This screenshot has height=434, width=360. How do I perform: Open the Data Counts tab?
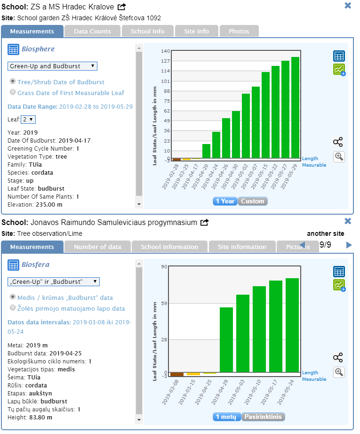click(x=92, y=31)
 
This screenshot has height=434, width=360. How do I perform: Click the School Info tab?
click(x=147, y=31)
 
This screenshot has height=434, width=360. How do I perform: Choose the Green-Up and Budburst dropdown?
click(x=52, y=66)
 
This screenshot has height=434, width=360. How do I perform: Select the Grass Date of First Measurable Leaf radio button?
click(x=13, y=93)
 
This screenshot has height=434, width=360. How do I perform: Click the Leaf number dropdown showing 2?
click(x=28, y=120)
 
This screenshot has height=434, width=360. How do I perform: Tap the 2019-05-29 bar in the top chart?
click(x=295, y=108)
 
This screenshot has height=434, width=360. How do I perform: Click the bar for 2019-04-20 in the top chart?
click(x=206, y=151)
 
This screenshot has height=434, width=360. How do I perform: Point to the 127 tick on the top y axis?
click(x=165, y=61)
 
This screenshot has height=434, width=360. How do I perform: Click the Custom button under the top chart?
click(x=253, y=201)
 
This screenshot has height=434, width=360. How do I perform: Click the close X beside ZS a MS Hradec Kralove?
click(x=348, y=6)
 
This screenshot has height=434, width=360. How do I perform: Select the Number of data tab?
click(x=97, y=247)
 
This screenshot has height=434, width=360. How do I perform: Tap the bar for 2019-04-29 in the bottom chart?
click(x=226, y=340)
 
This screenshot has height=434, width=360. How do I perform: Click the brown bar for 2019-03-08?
click(x=176, y=374)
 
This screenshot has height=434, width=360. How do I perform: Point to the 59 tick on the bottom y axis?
click(x=164, y=303)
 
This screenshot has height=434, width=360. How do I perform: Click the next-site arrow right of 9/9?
click(x=349, y=245)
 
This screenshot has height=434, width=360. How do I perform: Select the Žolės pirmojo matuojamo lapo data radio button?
click(x=13, y=308)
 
